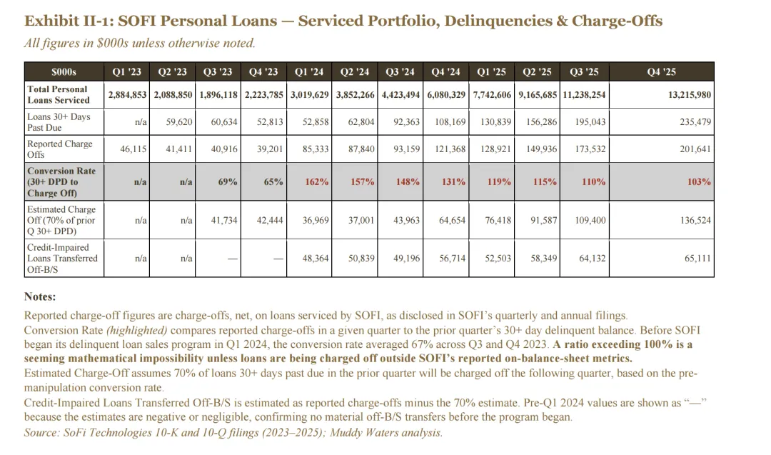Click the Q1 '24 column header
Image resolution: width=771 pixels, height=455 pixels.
[x=309, y=71]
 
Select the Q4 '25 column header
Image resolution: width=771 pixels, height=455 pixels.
[x=661, y=71]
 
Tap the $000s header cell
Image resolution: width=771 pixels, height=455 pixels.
[x=64, y=71]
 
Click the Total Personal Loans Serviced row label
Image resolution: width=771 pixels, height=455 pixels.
[x=57, y=94]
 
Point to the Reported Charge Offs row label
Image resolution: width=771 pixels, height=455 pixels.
[x=60, y=149]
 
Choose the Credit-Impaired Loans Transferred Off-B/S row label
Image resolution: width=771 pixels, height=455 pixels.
[x=62, y=258]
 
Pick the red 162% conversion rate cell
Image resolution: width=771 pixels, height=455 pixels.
[x=317, y=182]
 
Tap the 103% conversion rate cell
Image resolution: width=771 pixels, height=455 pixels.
[x=699, y=182]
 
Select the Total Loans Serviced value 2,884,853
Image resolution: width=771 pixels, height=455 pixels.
[x=128, y=94]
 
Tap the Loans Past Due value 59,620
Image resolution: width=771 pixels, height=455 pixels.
[x=179, y=122]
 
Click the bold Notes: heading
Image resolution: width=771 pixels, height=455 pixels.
[x=40, y=296]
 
